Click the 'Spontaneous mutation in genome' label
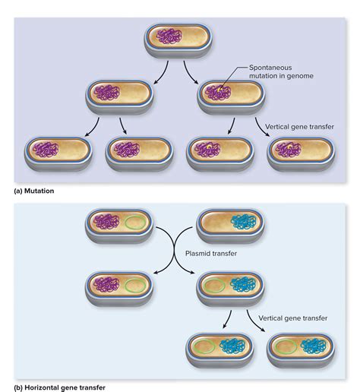(x=281, y=71)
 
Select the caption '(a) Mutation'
(x=34, y=191)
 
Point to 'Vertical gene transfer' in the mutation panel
(x=299, y=127)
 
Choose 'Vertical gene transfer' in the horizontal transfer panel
(x=293, y=318)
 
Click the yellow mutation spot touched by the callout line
(x=219, y=90)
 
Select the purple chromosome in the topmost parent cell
(x=169, y=36)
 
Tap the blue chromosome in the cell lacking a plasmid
(x=243, y=222)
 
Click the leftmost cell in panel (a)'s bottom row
(x=58, y=154)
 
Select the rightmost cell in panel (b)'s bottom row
(x=301, y=351)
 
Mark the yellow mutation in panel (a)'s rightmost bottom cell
(x=289, y=146)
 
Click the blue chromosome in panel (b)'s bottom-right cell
(x=314, y=346)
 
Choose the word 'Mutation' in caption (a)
(x=39, y=191)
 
